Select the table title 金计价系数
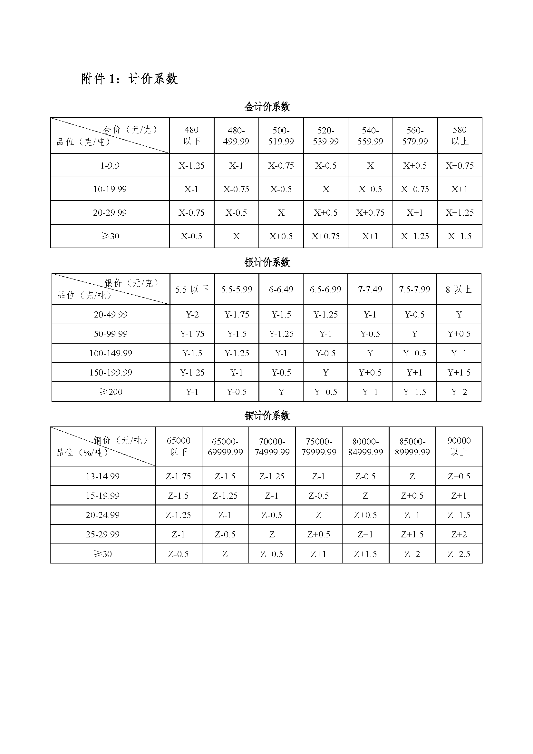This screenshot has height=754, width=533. coord(267,107)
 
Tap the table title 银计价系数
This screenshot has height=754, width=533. coord(267,262)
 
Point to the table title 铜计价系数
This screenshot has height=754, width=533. coord(267,416)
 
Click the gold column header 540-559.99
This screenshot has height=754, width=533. coord(370,136)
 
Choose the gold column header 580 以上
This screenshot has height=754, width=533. coord(460,136)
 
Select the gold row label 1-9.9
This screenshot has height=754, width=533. coord(110,165)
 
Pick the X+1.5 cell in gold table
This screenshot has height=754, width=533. coord(460,236)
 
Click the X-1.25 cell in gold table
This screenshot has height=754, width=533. coord(191,165)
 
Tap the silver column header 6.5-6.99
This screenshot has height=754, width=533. coord(325,289)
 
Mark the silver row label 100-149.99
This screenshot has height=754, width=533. coord(111,353)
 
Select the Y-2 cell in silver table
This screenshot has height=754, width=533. coord(192,315)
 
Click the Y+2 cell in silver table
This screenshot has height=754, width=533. coord(459,392)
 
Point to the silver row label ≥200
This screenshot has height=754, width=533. coord(111,392)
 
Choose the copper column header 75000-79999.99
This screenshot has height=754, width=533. coord(319,446)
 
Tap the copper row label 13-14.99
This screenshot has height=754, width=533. coord(102,476)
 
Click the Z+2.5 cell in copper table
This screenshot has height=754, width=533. coord(459,554)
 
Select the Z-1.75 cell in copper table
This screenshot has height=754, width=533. coord(178,476)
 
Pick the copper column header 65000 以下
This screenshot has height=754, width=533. coord(178,446)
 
